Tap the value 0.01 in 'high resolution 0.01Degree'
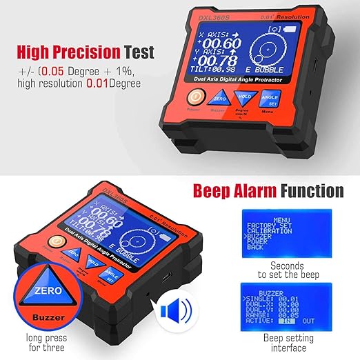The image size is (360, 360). click(110, 84)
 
